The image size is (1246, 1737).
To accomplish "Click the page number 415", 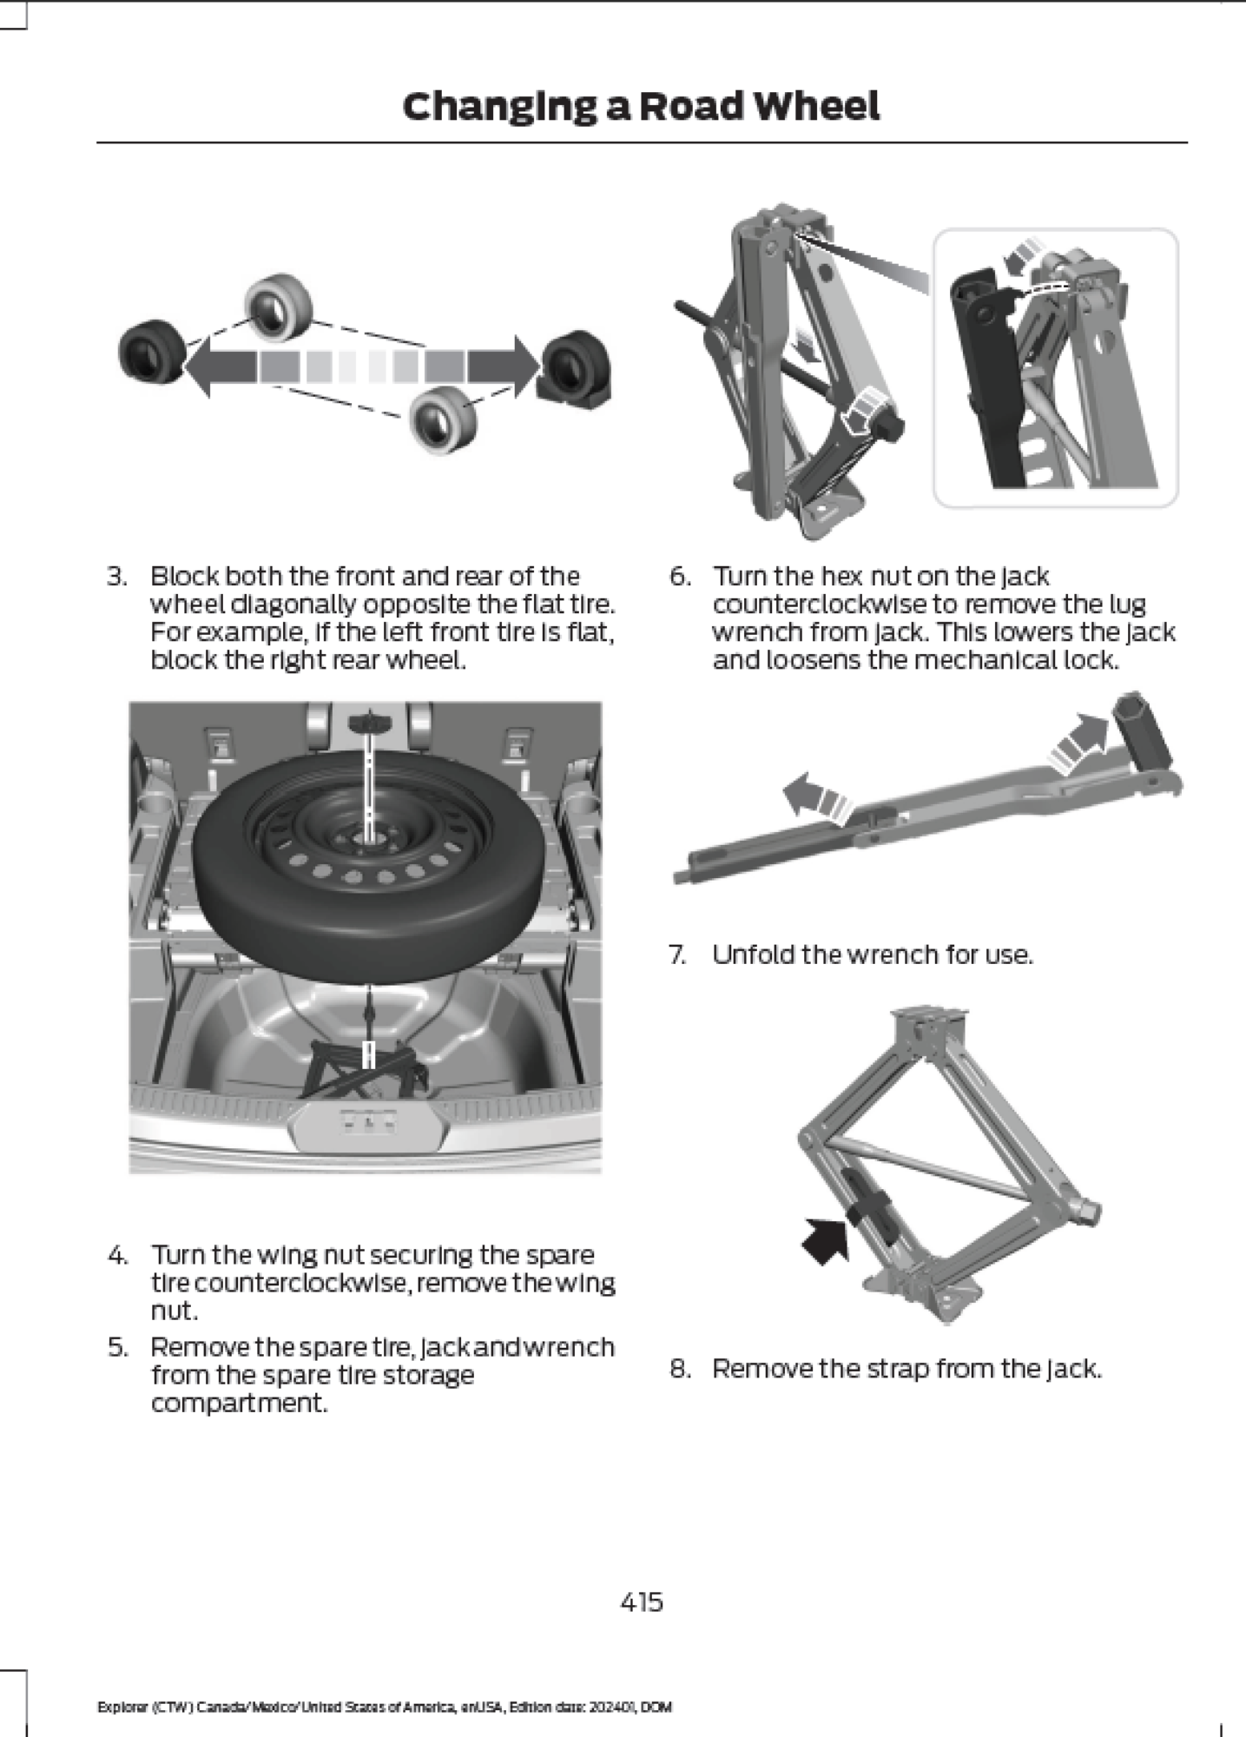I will point(642,1602).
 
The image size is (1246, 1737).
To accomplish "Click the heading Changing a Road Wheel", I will point(641,107).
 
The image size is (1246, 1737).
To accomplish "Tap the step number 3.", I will point(117,577).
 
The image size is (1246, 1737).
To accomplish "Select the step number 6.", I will point(680,577).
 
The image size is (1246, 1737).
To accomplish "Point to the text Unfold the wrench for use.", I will point(872,954).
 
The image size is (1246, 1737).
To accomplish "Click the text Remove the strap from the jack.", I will point(906,1369).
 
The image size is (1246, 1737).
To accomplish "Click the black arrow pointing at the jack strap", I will point(825,1240).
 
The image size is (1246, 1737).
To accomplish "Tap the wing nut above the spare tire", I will point(370,722).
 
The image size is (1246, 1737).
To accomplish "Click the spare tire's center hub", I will point(370,839).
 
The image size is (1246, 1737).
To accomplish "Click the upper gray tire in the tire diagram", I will point(279,307).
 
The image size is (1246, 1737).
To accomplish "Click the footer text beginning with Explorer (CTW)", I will point(384,1707).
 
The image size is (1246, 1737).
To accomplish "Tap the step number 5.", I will point(117,1347).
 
